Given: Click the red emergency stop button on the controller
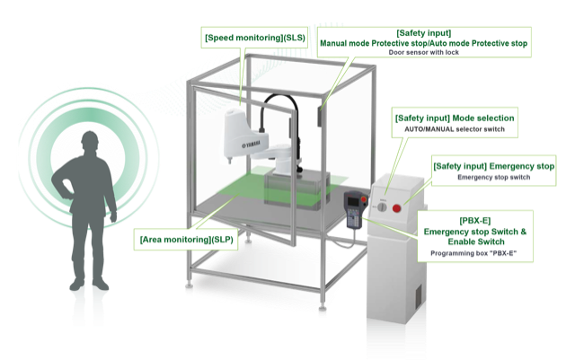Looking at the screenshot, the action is [x=397, y=208].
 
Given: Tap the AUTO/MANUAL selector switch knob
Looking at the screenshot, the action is [x=382, y=207].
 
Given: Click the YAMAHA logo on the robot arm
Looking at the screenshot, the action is [x=252, y=145].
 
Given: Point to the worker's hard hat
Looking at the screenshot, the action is [x=90, y=138].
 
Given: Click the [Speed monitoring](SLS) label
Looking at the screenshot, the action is [x=255, y=38].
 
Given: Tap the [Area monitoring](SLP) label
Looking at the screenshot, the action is [x=187, y=240].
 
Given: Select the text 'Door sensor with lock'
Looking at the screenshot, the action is [x=423, y=52].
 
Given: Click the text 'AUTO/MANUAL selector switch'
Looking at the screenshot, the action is [x=455, y=129].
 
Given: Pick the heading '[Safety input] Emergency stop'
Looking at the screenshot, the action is [x=493, y=166].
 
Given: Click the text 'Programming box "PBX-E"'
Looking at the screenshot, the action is [x=473, y=253].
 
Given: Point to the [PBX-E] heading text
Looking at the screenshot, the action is [x=475, y=221].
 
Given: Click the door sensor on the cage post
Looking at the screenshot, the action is [x=320, y=116].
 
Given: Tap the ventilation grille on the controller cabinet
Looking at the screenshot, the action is [x=418, y=294].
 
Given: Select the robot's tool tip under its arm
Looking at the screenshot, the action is [x=230, y=160].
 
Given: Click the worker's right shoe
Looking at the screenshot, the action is [x=100, y=284].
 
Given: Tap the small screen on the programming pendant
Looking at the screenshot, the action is [x=353, y=201].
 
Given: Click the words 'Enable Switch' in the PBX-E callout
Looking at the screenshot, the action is [x=476, y=242].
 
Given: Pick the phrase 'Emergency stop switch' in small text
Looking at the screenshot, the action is [x=493, y=178].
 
